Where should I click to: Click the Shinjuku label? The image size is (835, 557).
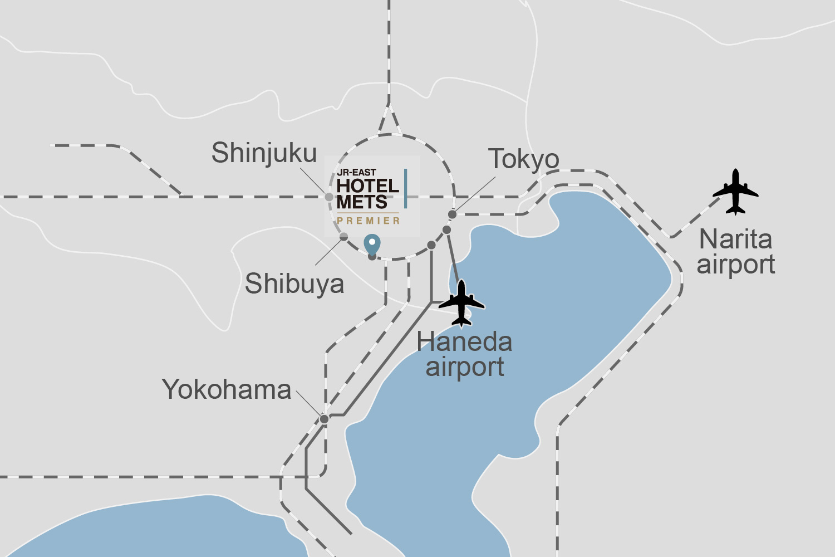click(x=264, y=153)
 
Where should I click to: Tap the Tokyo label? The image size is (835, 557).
click(x=523, y=160)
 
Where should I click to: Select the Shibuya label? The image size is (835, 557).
click(x=294, y=284)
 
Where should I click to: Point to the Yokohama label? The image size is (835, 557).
click(x=227, y=389)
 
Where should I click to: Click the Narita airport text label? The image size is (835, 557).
click(x=736, y=252)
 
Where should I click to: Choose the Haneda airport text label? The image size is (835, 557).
click(x=464, y=354)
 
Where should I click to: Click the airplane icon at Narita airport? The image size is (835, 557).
click(x=735, y=192)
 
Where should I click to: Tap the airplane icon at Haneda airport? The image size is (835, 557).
click(x=461, y=303)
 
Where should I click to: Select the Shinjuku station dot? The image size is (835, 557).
click(x=329, y=197)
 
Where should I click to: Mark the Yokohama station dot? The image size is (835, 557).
click(x=324, y=419)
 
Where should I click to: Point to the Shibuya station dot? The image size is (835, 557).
click(x=344, y=237)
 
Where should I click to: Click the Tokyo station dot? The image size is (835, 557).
click(x=453, y=214)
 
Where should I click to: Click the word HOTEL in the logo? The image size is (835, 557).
click(x=367, y=186)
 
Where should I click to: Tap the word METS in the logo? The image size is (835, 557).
click(x=362, y=202)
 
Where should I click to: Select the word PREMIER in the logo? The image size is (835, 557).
click(x=369, y=221)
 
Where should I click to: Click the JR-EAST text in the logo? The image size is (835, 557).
click(x=356, y=173)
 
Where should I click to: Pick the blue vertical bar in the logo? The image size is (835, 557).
click(x=405, y=189)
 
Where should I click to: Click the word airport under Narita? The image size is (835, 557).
click(x=736, y=265)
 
